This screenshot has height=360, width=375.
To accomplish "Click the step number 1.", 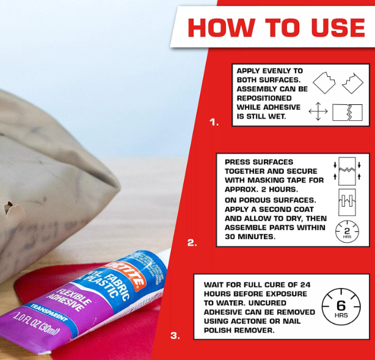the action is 214,122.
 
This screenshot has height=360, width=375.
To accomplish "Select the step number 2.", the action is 192,243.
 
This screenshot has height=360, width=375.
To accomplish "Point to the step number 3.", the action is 175,336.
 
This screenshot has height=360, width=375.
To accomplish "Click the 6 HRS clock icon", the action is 341,307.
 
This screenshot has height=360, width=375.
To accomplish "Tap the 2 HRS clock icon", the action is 347,232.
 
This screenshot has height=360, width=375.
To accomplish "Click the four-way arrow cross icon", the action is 318,111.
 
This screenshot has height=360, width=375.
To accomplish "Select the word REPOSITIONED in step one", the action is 264,98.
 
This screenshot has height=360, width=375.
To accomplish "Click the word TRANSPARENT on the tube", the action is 49,313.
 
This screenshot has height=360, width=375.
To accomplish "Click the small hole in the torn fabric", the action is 9,207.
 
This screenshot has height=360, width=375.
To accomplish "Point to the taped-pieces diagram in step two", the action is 347,202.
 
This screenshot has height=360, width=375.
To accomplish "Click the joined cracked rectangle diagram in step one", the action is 348,112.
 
